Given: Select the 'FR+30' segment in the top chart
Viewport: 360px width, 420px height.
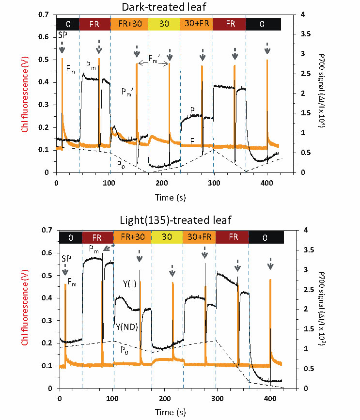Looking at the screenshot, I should point(128,24).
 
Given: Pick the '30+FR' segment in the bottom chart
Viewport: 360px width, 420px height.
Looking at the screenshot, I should point(199,237).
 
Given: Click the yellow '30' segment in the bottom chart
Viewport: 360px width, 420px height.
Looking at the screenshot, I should point(167,237).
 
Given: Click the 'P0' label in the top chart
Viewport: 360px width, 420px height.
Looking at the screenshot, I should point(120,164).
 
